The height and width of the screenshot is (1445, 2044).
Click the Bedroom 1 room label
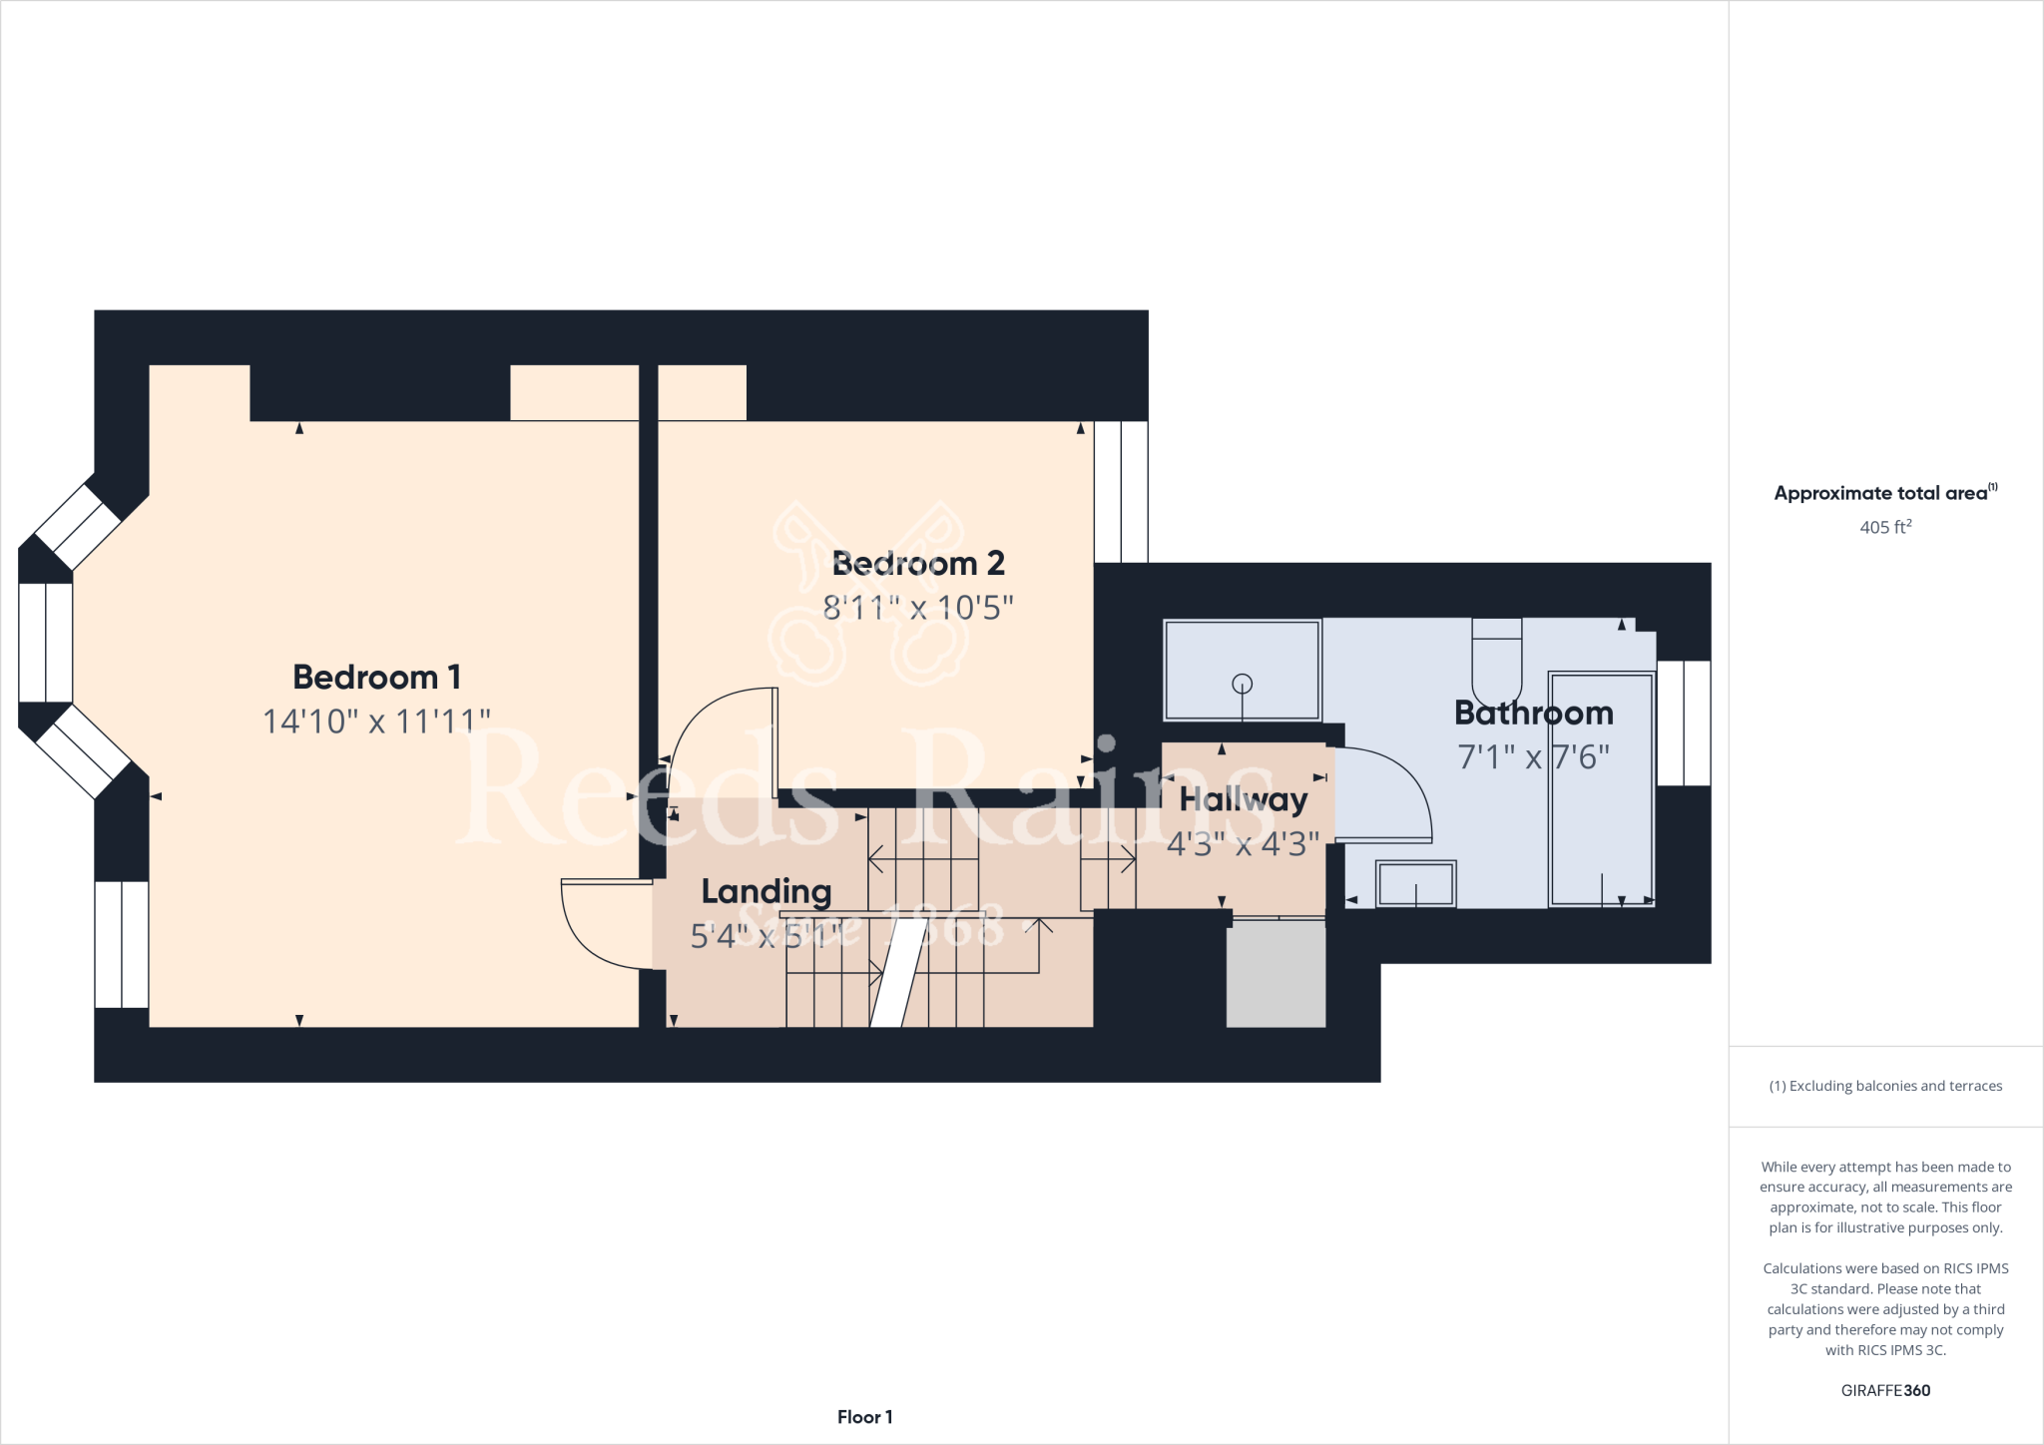(x=376, y=678)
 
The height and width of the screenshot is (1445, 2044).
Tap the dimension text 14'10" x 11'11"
(x=376, y=722)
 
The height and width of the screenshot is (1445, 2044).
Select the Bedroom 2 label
(x=918, y=564)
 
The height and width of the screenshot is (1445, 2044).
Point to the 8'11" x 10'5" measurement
(x=918, y=608)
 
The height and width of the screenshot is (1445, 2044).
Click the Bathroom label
(x=1533, y=714)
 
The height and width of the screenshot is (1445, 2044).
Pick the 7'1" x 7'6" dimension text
(x=1533, y=757)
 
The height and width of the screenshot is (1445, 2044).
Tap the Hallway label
(x=1243, y=799)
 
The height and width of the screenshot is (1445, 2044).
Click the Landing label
(x=766, y=891)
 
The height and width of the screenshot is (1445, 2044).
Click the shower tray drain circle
(x=1243, y=684)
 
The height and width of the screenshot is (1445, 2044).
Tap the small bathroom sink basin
(x=1415, y=883)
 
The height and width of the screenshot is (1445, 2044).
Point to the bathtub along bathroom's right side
(x=1601, y=788)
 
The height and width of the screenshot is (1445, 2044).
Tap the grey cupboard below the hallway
(x=1276, y=973)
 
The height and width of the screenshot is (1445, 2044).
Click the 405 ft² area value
(x=1884, y=527)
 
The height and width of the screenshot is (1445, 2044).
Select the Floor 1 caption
(x=864, y=1417)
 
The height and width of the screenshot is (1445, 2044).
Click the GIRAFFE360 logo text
(x=1884, y=1390)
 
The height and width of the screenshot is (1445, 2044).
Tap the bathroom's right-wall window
(x=1684, y=722)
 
